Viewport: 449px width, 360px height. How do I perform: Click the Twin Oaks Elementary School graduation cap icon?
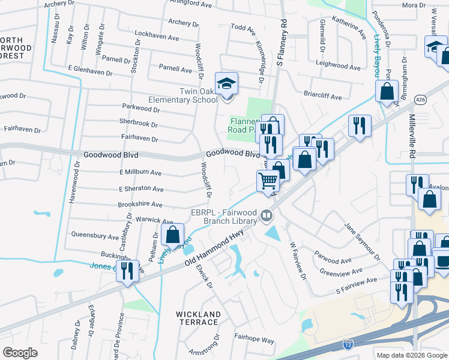point(227,84)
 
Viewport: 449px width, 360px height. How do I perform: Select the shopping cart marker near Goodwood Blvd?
point(268,180)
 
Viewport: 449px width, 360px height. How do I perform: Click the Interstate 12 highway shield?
point(348,344)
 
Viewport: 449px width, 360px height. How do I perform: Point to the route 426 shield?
point(423,102)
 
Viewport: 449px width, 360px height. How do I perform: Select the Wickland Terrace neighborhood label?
point(197,318)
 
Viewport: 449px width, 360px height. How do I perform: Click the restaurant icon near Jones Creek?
point(127,271)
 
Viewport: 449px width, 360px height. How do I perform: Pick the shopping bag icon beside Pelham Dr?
point(173,235)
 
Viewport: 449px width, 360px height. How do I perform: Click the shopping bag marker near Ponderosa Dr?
point(387,91)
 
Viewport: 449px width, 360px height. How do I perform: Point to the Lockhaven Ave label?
point(157,37)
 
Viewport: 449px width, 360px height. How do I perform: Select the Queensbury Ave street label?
point(95,236)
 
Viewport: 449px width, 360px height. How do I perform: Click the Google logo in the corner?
point(20,353)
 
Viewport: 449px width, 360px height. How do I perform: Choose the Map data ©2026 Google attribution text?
point(411,355)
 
